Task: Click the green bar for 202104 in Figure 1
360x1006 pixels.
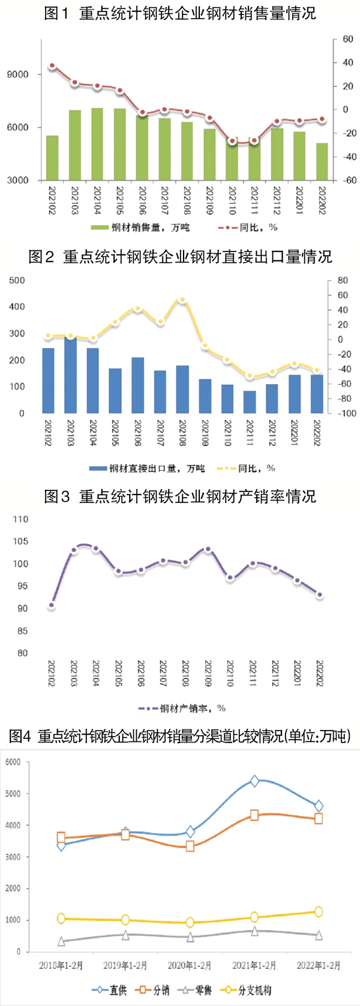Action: tap(97, 144)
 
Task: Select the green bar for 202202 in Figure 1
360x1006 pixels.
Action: tap(322, 161)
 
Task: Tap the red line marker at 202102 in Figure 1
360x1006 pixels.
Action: tap(52, 66)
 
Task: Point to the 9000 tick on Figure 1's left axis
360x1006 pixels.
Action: tap(17, 75)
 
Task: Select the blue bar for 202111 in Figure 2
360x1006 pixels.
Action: tap(250, 402)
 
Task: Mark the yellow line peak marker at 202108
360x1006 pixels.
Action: tap(182, 300)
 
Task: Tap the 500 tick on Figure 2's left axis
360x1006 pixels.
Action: tap(17, 280)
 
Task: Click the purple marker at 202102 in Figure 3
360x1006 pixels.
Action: tap(52, 606)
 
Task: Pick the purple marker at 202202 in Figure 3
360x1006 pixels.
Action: tap(320, 595)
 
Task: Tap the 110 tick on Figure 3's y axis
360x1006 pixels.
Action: tap(20, 519)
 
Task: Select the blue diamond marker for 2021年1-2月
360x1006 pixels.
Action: tap(255, 781)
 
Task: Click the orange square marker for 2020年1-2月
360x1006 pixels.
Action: tap(190, 846)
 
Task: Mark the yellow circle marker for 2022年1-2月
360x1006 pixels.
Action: tap(319, 912)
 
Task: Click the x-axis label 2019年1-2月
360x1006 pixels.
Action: tap(125, 965)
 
